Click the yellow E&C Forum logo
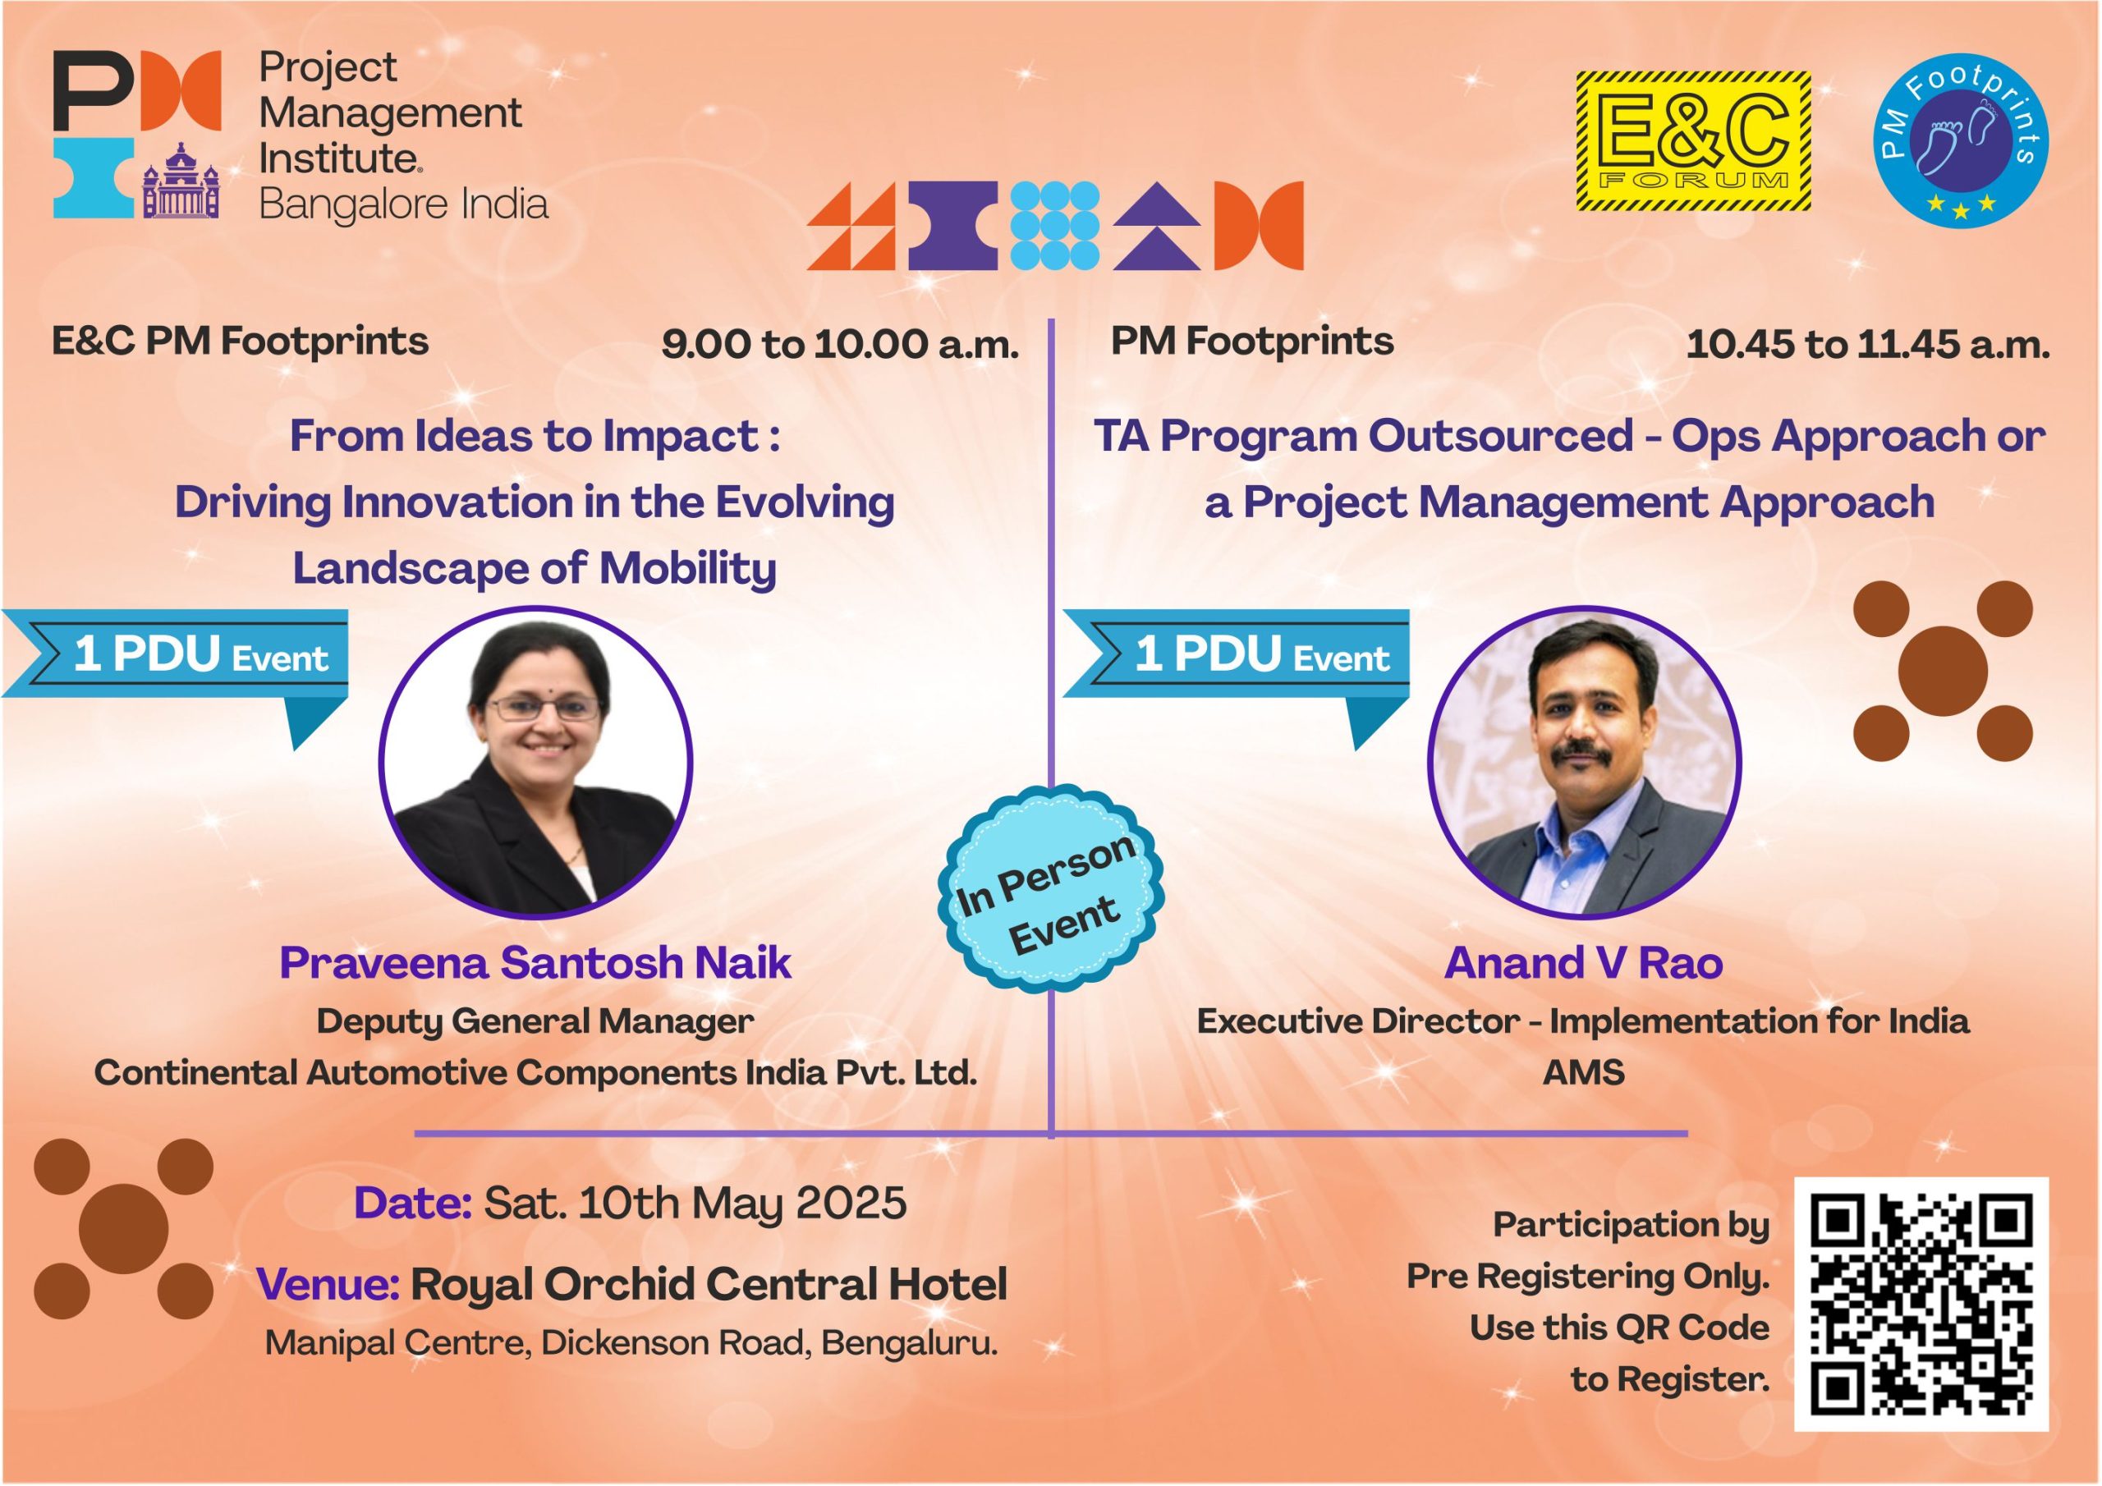pos(1694,142)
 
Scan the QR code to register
pos(1921,1305)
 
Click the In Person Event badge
pos(1051,898)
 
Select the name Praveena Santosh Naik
pos(535,963)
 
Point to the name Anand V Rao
pos(1584,963)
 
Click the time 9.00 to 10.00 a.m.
pos(839,345)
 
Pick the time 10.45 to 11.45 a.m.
pos(1868,345)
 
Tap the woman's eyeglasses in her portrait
pos(544,708)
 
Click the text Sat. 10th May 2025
pos(695,1203)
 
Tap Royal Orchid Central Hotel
pos(709,1285)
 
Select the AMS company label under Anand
pos(1584,1072)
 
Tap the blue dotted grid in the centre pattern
pos(1053,225)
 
